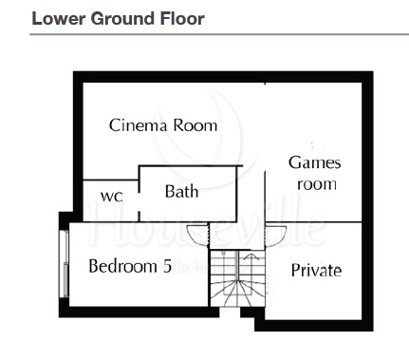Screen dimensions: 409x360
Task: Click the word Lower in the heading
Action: [x=58, y=19]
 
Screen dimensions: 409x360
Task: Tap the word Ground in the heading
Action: [x=121, y=19]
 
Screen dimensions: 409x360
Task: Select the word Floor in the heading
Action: [x=182, y=19]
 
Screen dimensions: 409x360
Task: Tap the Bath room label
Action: [x=182, y=192]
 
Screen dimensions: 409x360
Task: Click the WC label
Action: [x=112, y=197]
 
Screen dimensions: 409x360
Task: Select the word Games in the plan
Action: [x=314, y=163]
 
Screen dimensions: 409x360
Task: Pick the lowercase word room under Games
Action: [x=317, y=185]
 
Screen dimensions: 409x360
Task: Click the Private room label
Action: [x=316, y=271]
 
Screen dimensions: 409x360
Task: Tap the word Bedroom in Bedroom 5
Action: [x=122, y=266]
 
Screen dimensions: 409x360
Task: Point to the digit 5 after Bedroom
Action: [x=167, y=266]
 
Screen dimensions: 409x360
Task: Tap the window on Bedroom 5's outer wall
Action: [x=65, y=263]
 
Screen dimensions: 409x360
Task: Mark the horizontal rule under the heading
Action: [x=219, y=34]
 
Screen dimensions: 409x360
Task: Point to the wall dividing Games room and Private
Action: [x=313, y=222]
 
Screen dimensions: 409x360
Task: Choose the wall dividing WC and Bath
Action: [x=139, y=194]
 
